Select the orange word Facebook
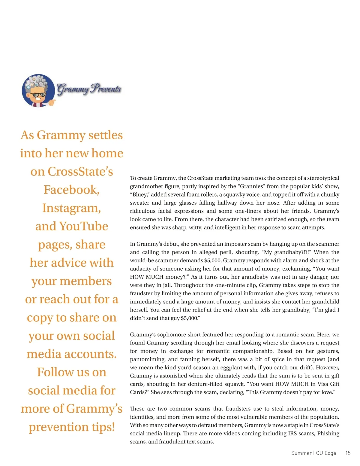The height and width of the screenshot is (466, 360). pos(71,190)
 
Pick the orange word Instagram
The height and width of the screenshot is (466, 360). pos(71,208)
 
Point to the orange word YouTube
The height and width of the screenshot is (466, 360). pos(84,226)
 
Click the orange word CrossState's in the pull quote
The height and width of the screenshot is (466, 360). pos(80,172)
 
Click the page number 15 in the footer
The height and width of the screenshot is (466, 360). pos(348,453)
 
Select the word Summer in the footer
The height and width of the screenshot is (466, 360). pos(301,453)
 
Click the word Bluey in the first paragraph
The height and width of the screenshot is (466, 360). pos(139,194)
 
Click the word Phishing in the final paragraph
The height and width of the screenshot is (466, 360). pos(328,433)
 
